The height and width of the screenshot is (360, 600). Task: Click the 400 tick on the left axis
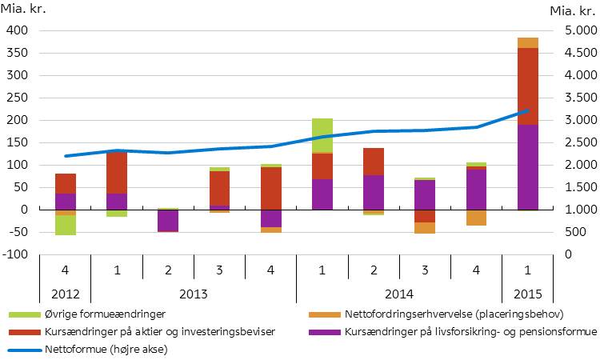pyautogui.click(x=17, y=30)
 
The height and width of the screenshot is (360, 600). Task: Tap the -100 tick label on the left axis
pyautogui.click(x=15, y=254)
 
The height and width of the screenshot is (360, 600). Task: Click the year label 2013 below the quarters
pyautogui.click(x=194, y=293)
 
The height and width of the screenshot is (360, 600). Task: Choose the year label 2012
pyautogui.click(x=66, y=293)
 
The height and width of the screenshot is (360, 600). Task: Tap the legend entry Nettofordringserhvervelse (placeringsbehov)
pyautogui.click(x=452, y=314)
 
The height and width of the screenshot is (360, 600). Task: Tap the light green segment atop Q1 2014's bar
pyautogui.click(x=322, y=135)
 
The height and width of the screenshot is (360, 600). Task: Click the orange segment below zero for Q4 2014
pyautogui.click(x=477, y=218)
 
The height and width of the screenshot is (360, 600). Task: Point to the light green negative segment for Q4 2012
pyautogui.click(x=66, y=226)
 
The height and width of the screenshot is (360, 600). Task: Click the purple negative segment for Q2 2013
pyautogui.click(x=168, y=220)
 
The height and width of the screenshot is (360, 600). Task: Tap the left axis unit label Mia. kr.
pyautogui.click(x=26, y=11)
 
